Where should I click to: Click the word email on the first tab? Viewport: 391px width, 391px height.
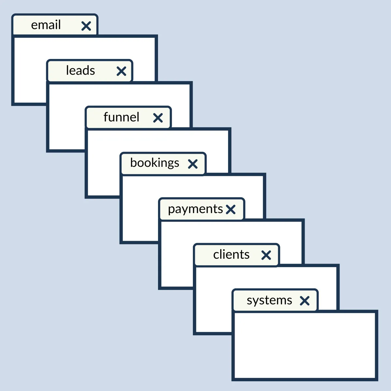46,25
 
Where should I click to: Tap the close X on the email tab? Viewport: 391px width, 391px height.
86,26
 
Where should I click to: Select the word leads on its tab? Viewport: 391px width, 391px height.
80,70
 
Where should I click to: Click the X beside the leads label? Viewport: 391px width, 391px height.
121,71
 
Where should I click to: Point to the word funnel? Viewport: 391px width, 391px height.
121,117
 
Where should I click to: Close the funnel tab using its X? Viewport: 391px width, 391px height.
158,118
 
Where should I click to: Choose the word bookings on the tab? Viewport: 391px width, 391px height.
155,163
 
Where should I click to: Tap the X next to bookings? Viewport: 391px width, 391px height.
193,164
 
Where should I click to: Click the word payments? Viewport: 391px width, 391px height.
195,210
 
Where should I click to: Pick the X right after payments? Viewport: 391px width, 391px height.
231,210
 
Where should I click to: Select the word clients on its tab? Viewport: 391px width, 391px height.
231,254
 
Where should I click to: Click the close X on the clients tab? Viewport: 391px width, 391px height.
266,255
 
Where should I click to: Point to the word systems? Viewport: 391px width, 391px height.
269,301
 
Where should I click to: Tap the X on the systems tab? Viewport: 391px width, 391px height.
305,301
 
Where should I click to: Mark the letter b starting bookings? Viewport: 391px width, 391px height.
134,162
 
